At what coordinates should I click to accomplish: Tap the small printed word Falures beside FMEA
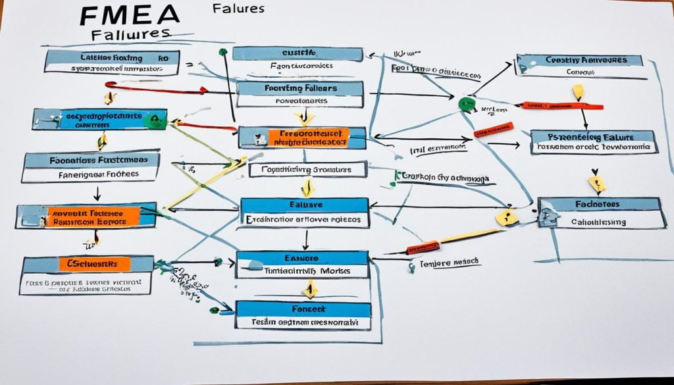(239, 9)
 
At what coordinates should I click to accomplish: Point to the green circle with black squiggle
(466, 103)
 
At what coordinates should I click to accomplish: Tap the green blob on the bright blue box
(155, 118)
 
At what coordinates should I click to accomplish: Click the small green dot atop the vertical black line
(223, 52)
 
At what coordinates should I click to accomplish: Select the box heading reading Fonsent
(303, 309)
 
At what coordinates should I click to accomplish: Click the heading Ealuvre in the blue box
(303, 204)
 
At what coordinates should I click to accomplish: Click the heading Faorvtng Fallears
(299, 88)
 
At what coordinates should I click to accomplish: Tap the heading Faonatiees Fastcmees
(91, 159)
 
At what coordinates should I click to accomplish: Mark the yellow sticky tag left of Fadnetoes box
(507, 217)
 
